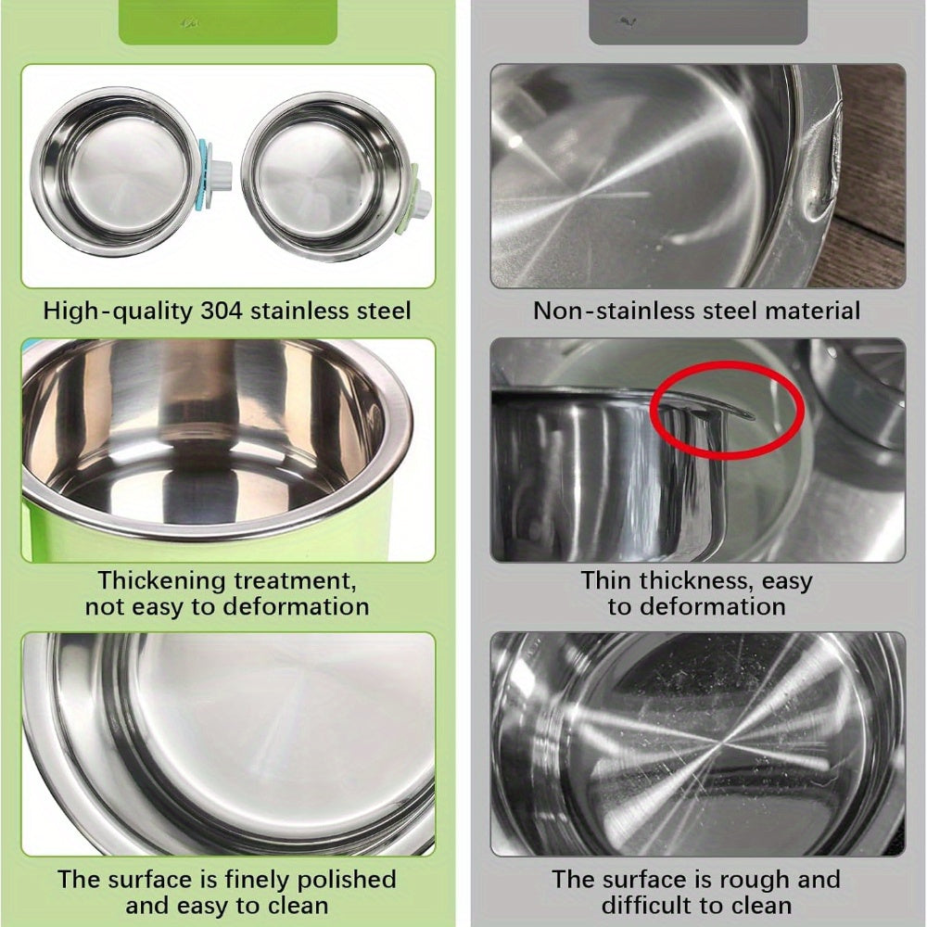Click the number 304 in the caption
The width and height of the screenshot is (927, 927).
point(222,311)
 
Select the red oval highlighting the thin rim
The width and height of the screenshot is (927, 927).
point(727,409)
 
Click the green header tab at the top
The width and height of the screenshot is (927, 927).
point(228,22)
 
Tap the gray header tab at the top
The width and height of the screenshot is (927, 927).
point(698,22)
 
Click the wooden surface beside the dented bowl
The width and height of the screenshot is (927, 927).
point(872,177)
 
